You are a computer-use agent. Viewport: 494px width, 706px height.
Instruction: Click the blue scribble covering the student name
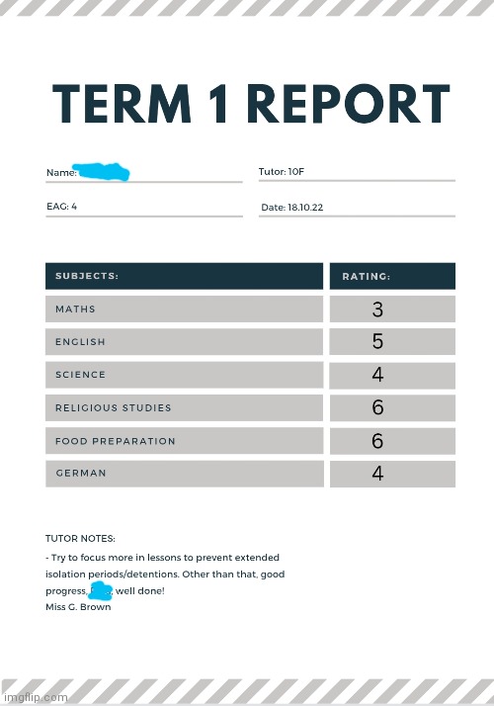pos(104,172)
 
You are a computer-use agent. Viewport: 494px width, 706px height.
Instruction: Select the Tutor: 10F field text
pos(282,172)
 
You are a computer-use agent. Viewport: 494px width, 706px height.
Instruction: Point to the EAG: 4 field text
pos(61,207)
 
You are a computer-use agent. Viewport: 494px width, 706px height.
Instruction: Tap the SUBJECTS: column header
pos(87,276)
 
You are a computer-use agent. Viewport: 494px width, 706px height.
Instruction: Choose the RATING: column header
pos(366,276)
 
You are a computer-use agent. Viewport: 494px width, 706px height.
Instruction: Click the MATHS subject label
pos(75,309)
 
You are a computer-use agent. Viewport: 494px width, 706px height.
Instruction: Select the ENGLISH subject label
pos(80,342)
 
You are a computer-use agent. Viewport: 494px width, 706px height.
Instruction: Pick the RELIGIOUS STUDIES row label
pos(113,407)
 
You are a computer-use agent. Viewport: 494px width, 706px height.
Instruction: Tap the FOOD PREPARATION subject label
pos(115,441)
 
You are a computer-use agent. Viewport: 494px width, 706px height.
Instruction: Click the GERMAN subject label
pos(80,474)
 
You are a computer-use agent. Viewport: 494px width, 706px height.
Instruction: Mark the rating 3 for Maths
pos(377,309)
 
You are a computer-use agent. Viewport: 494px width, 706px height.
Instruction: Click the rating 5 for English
pos(377,342)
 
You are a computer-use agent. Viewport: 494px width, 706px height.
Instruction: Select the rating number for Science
pos(377,375)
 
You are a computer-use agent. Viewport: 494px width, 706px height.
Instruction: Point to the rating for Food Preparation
pos(377,441)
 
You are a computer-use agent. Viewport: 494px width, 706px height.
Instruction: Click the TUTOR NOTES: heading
pos(80,539)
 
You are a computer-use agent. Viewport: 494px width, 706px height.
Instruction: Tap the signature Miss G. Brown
pos(78,607)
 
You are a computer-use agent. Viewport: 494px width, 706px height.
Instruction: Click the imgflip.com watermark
pos(36,696)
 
